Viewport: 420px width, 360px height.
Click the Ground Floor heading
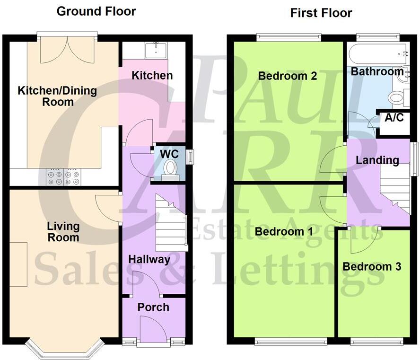[x=96, y=11]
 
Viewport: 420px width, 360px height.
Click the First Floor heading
[x=321, y=13]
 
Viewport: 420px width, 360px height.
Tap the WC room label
[x=169, y=154]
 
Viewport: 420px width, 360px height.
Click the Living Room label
[x=63, y=232]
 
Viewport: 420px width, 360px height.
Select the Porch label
[x=153, y=307]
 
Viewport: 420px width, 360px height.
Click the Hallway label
[x=149, y=259]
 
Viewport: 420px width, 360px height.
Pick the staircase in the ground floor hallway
[x=170, y=227]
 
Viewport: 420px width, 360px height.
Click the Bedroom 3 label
[x=372, y=266]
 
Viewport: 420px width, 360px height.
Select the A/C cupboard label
[x=394, y=118]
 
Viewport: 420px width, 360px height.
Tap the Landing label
[x=377, y=160]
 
